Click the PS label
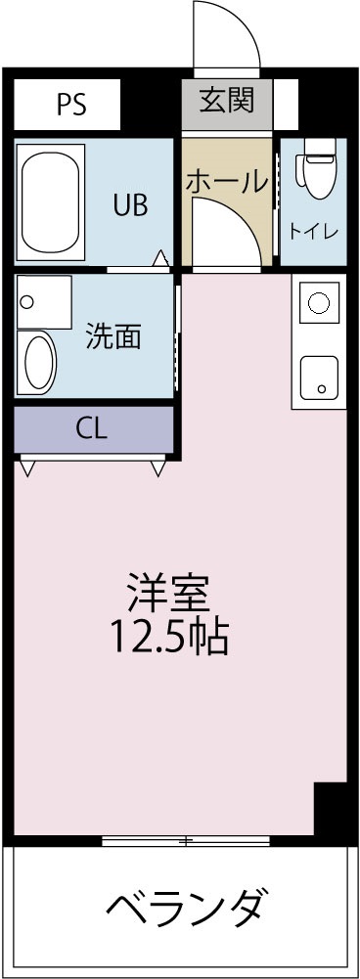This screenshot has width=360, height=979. click(70, 105)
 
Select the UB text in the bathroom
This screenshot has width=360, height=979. click(130, 204)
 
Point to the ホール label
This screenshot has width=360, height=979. click(226, 181)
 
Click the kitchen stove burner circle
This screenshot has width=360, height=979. click(318, 302)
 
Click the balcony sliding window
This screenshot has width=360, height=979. click(185, 840)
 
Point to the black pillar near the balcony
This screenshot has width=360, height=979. click(331, 808)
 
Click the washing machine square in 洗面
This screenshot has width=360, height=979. click(43, 301)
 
